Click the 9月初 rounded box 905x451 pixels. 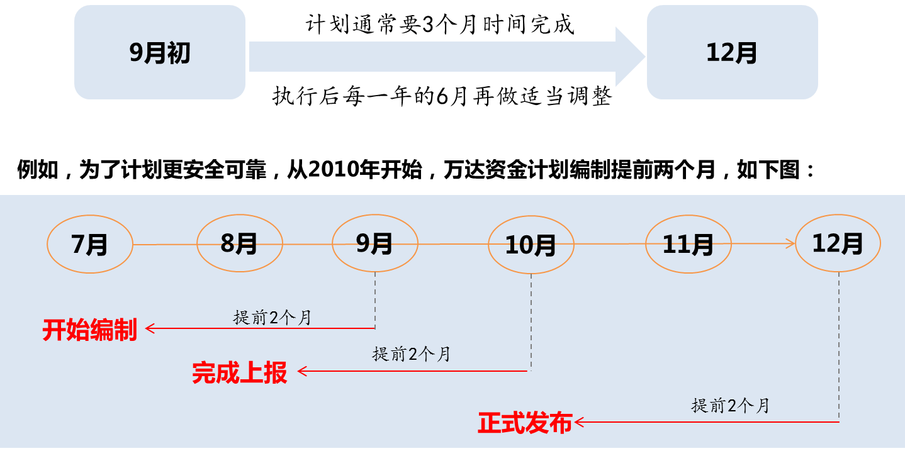(x=159, y=53)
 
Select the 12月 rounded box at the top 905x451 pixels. (x=732, y=53)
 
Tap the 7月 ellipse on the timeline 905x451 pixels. (x=90, y=244)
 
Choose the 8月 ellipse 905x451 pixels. (x=239, y=243)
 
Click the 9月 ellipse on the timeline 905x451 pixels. (x=374, y=243)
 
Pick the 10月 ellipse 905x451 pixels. (x=531, y=246)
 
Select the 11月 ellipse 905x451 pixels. (x=688, y=245)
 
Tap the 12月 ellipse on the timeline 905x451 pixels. (x=838, y=243)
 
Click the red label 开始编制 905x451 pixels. (x=90, y=330)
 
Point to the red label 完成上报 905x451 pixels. (x=240, y=373)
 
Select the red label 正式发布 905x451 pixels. (x=525, y=423)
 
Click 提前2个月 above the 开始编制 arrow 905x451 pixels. (x=273, y=318)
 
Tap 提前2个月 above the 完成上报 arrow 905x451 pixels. (x=412, y=354)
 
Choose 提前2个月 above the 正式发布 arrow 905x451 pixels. (x=731, y=406)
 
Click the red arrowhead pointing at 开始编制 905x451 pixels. (x=150, y=328)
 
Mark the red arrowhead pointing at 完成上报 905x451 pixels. (x=301, y=371)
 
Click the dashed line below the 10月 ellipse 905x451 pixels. (x=531, y=321)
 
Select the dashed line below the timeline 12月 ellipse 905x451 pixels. (x=839, y=346)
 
